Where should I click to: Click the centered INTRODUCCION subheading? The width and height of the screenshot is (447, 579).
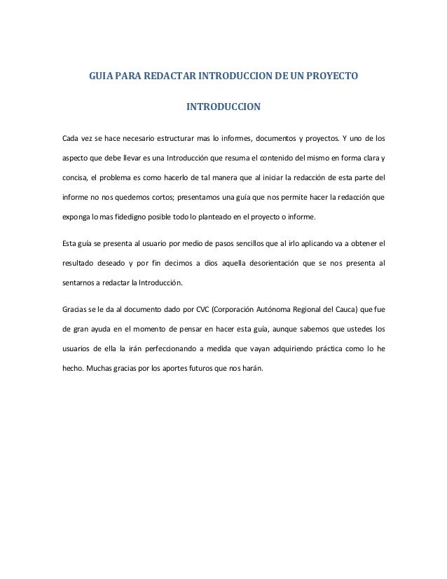[223, 108]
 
